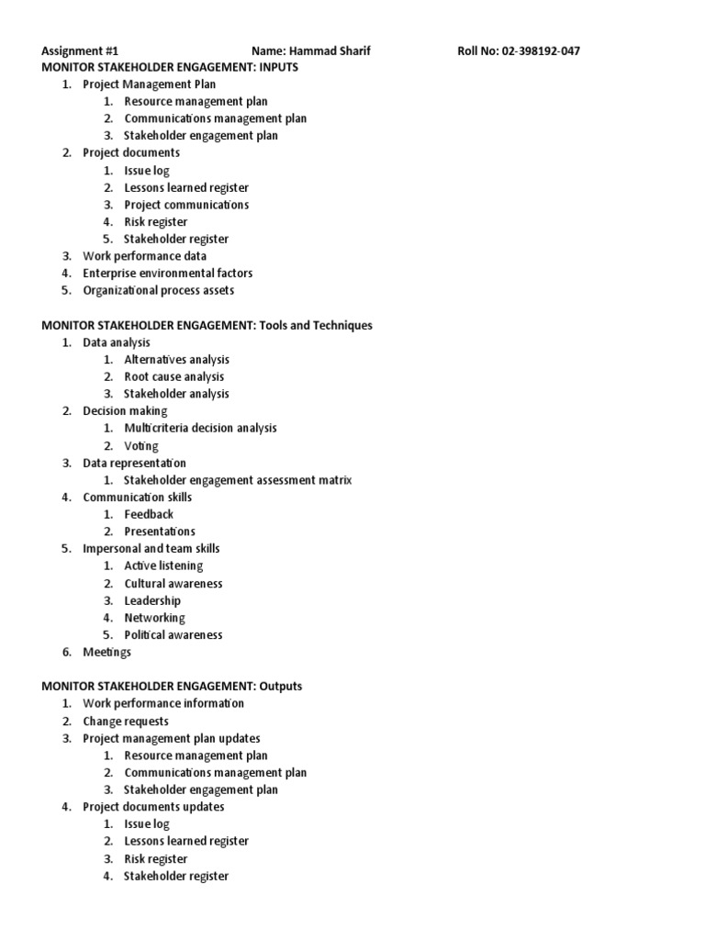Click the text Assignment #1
click(80, 50)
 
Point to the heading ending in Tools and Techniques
click(207, 325)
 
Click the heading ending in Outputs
click(172, 686)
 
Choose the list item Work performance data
click(144, 256)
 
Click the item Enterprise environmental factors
click(167, 273)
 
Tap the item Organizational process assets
click(158, 290)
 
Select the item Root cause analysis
click(173, 376)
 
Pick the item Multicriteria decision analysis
click(200, 428)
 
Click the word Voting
click(141, 445)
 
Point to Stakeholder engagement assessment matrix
click(238, 480)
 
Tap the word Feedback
click(149, 514)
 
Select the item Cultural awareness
click(173, 583)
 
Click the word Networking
click(154, 618)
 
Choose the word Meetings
click(106, 652)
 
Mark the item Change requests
click(126, 721)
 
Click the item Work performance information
click(163, 703)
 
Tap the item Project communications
click(186, 205)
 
